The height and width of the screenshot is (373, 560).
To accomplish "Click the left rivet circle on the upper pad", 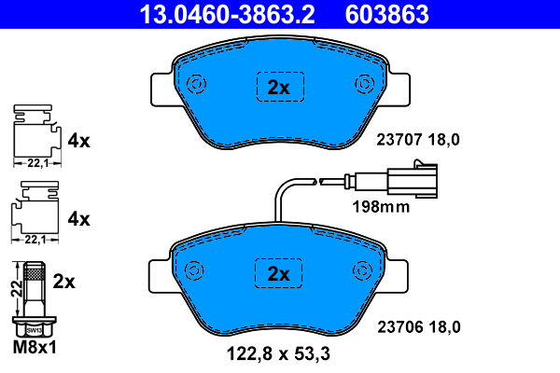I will [x=196, y=85].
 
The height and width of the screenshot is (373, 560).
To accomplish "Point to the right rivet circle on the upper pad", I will [x=363, y=85].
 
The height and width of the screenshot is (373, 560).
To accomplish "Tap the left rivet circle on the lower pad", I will [x=196, y=270].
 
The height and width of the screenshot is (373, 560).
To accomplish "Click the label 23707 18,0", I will [x=418, y=141].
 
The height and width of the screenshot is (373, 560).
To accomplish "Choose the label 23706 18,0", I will [x=418, y=326].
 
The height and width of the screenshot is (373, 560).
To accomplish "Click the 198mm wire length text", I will [x=380, y=207].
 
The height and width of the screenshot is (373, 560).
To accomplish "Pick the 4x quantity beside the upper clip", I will [x=79, y=142].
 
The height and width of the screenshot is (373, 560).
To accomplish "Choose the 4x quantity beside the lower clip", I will [x=79, y=219].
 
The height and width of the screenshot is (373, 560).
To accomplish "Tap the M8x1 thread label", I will [x=35, y=350].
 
